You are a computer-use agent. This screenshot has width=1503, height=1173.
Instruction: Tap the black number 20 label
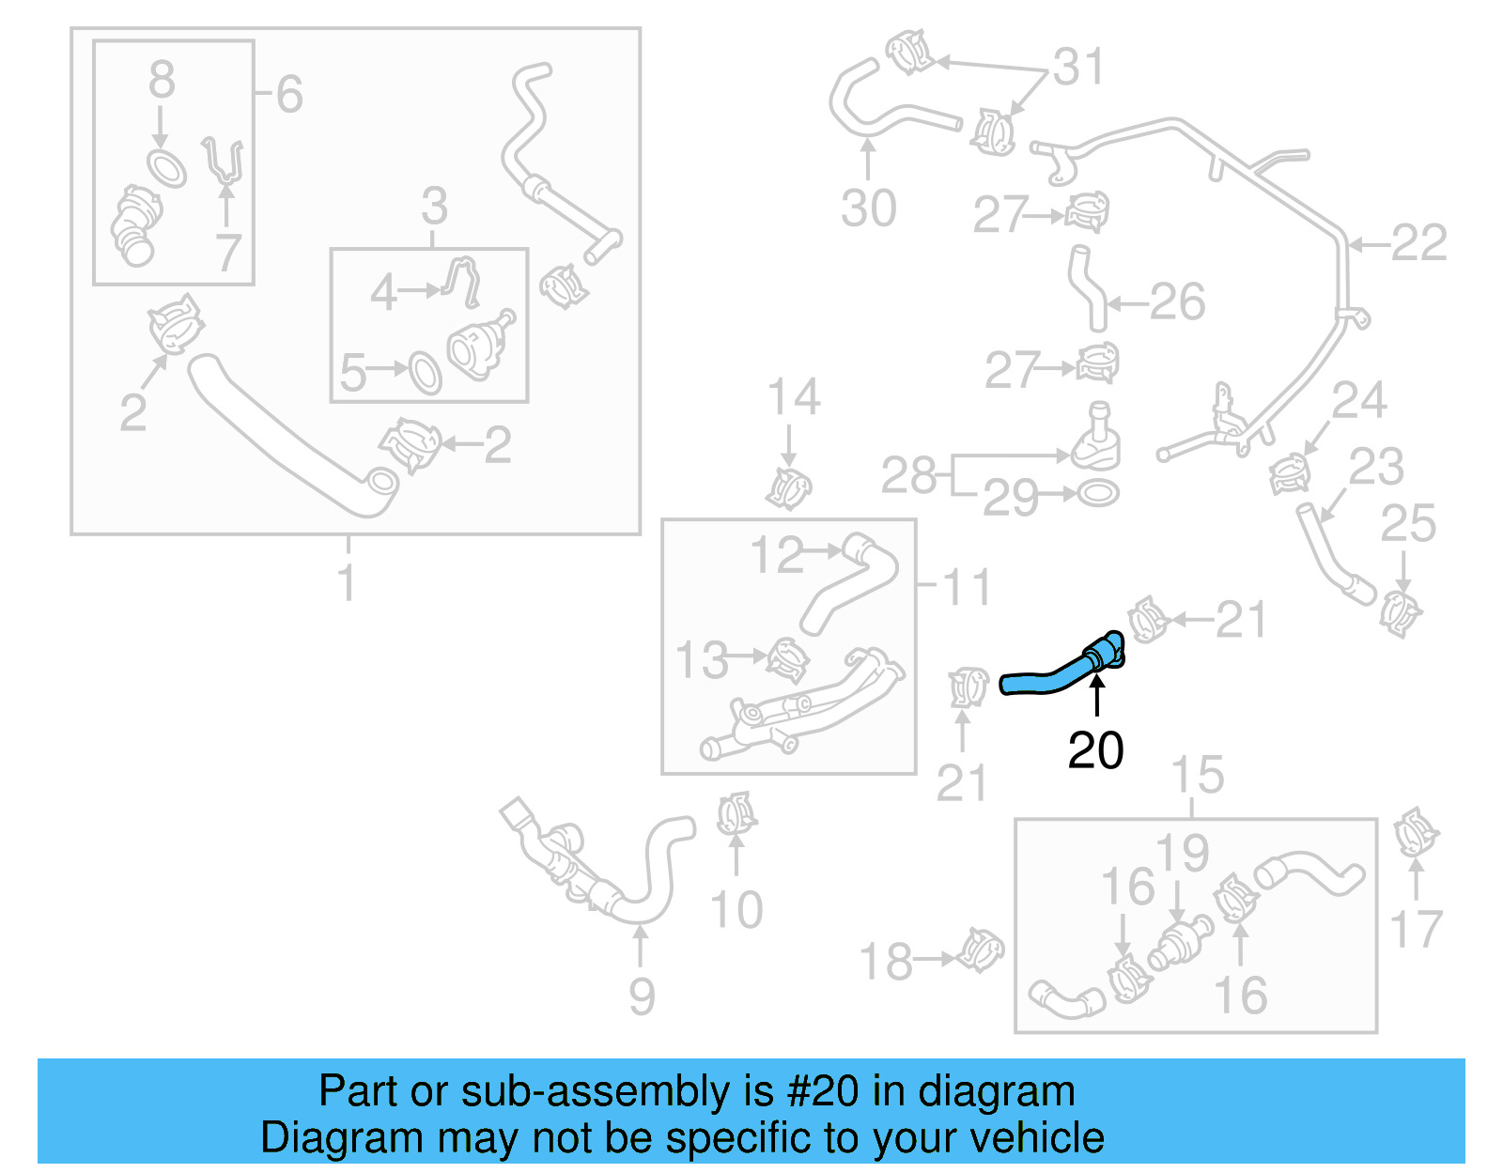[x=1095, y=751]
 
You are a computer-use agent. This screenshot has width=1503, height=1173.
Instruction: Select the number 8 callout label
[x=162, y=80]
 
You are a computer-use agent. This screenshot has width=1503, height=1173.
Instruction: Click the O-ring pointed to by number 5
[x=425, y=373]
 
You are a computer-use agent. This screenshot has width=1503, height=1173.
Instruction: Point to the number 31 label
[x=1077, y=67]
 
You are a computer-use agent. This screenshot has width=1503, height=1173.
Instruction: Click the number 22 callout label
[x=1418, y=243]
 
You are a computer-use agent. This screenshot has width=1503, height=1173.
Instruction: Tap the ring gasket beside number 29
[x=1097, y=492]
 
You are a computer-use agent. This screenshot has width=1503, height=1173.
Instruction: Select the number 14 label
[x=794, y=397]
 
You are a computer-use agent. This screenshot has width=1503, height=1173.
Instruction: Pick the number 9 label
[x=642, y=996]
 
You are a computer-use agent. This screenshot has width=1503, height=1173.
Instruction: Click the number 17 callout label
[x=1416, y=929]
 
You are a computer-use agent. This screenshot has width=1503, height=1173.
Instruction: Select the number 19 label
[x=1182, y=853]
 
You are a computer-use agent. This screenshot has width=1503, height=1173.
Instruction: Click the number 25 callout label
[x=1407, y=523]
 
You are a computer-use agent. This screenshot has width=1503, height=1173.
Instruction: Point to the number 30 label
[x=868, y=208]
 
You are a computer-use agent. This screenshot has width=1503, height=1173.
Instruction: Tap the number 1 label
[x=347, y=581]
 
